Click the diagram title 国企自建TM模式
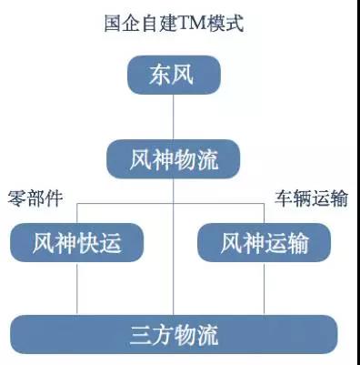point(174,23)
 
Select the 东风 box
point(174,75)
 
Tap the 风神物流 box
point(174,159)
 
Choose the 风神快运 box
point(76,242)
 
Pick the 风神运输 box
point(265,242)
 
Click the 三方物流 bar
point(174,334)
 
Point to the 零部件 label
point(35,198)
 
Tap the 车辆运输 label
point(311,198)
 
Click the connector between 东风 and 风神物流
point(174,117)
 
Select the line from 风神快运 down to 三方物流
point(77,289)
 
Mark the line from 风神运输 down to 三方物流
point(265,289)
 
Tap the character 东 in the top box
point(160,75)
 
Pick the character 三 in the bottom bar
point(141,335)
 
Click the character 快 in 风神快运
point(88,243)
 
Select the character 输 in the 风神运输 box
point(298,243)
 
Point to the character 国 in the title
point(113,23)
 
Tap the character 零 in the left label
point(16,198)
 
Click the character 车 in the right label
point(284,198)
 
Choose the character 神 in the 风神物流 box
point(163,159)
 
